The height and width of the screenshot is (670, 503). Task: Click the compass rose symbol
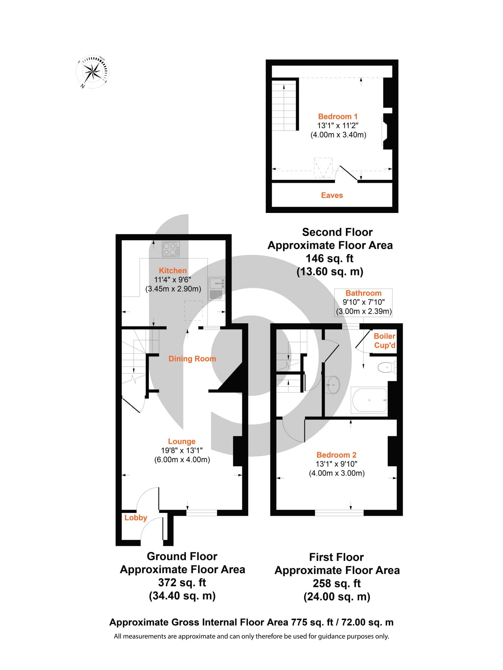pyautogui.click(x=92, y=72)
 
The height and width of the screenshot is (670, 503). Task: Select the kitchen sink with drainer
pyautogui.click(x=216, y=288)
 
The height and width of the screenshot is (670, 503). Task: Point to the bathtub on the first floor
pyautogui.click(x=369, y=400)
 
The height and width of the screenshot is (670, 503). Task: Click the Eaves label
pyautogui.click(x=332, y=195)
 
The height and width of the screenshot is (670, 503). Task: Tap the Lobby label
pyautogui.click(x=135, y=518)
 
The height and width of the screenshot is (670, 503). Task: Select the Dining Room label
pyautogui.click(x=192, y=359)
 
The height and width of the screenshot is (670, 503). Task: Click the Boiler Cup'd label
pyautogui.click(x=384, y=341)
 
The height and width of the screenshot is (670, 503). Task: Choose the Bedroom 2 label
pyautogui.click(x=336, y=455)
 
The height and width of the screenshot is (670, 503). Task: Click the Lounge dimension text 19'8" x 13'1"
pyautogui.click(x=182, y=450)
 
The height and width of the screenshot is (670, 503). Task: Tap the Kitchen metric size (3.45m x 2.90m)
pyautogui.click(x=173, y=289)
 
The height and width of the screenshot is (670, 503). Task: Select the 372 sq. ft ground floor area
pyautogui.click(x=182, y=583)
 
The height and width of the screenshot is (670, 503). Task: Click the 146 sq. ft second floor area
pyautogui.click(x=330, y=258)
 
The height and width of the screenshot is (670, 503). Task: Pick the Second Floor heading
pyautogui.click(x=337, y=232)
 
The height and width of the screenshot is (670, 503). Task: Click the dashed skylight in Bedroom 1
pyautogui.click(x=323, y=167)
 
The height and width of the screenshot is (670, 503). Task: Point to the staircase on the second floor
pyautogui.click(x=284, y=105)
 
